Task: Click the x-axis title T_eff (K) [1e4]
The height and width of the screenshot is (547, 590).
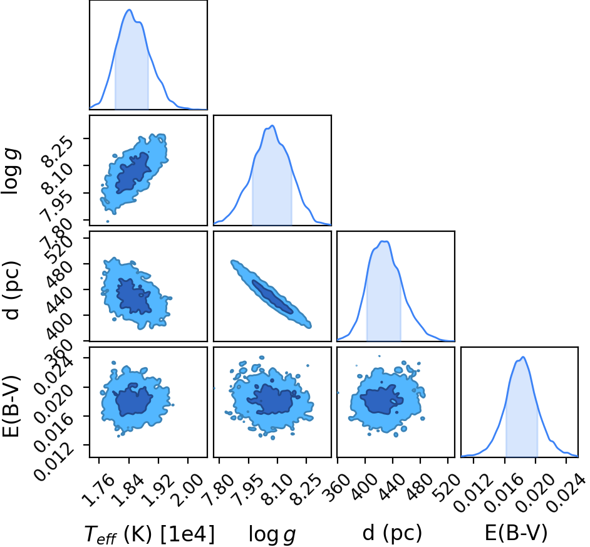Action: pyautogui.click(x=150, y=534)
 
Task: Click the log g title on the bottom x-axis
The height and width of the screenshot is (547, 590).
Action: pyautogui.click(x=272, y=534)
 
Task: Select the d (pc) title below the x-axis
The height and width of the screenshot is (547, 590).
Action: pyautogui.click(x=392, y=533)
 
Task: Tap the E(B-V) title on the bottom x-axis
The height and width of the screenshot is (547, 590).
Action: pyautogui.click(x=516, y=533)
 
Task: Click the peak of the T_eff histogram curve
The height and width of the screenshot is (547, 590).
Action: pyautogui.click(x=129, y=10)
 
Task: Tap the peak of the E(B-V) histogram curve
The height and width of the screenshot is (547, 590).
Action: pyautogui.click(x=523, y=357)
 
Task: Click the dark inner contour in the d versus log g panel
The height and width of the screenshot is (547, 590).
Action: pyautogui.click(x=272, y=296)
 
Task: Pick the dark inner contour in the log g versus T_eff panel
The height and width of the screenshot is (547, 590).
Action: pyautogui.click(x=133, y=172)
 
